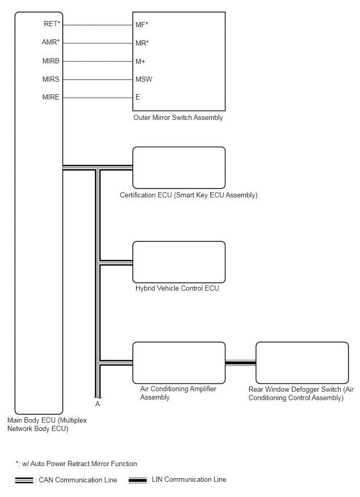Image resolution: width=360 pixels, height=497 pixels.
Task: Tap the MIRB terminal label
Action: [x=51, y=61]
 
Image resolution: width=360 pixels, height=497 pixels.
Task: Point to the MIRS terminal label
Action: [x=51, y=79]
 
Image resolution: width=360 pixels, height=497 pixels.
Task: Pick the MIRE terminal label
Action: [x=51, y=97]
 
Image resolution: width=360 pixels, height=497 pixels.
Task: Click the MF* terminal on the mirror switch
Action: [x=142, y=25]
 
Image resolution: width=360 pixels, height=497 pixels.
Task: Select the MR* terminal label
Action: [x=142, y=43]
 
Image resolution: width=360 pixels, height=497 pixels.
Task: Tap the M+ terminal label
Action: [x=140, y=61]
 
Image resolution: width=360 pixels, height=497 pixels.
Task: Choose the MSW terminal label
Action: [x=144, y=80]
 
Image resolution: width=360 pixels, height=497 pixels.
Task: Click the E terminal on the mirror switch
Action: [x=138, y=97]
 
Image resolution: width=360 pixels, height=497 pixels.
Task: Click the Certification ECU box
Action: [x=179, y=168]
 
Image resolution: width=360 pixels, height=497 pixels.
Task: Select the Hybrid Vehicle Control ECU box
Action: [x=179, y=261]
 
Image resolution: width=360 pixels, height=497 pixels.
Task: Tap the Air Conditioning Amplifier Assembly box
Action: [x=179, y=362]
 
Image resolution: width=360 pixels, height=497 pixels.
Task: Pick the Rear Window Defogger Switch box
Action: [x=302, y=362]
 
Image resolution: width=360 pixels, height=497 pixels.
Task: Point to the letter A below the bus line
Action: [x=97, y=404]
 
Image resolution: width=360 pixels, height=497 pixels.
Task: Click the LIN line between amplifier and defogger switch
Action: [x=241, y=362]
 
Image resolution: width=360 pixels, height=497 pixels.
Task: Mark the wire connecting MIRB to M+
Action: [x=98, y=61]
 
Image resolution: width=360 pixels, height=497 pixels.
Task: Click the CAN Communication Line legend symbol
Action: [x=24, y=480]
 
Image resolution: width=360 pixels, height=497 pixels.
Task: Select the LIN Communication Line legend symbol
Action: [x=138, y=480]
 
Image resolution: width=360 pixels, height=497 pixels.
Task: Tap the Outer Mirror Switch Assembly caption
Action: [x=178, y=118]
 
